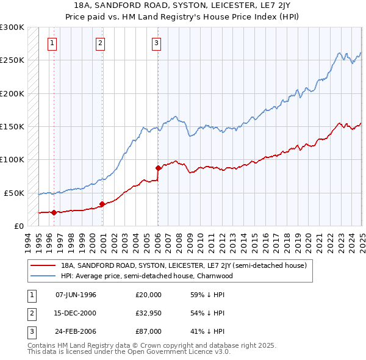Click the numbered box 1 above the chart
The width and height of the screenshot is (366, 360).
point(52,43)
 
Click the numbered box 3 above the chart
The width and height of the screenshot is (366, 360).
point(156,43)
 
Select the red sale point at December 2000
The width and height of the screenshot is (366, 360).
point(102,204)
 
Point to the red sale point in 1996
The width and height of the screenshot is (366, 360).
point(54,212)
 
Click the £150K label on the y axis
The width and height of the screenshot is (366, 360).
point(12,126)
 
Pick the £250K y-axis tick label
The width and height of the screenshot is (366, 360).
point(12,60)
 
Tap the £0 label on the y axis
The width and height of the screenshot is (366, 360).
point(18,226)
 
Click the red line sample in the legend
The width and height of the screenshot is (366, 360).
point(43,266)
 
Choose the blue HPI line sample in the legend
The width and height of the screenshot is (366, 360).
point(43,276)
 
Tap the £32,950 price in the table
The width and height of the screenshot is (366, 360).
point(149,313)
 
